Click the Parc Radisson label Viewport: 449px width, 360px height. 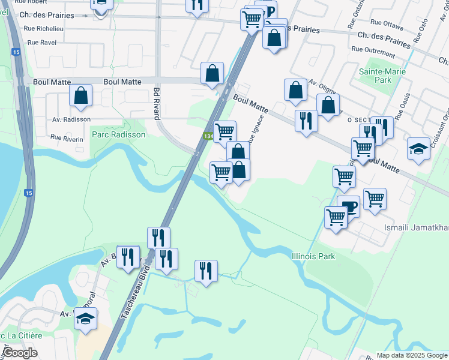118,134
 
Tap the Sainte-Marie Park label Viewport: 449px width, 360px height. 382,76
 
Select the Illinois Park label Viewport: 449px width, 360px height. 313,256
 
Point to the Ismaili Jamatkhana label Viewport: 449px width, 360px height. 416,228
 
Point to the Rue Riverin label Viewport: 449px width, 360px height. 67,139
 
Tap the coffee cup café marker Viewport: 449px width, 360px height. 349,205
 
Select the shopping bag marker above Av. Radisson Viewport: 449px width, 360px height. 80,95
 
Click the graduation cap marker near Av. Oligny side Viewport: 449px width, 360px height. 418,148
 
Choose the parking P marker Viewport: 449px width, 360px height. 268,10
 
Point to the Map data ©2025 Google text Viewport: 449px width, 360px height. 412,355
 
